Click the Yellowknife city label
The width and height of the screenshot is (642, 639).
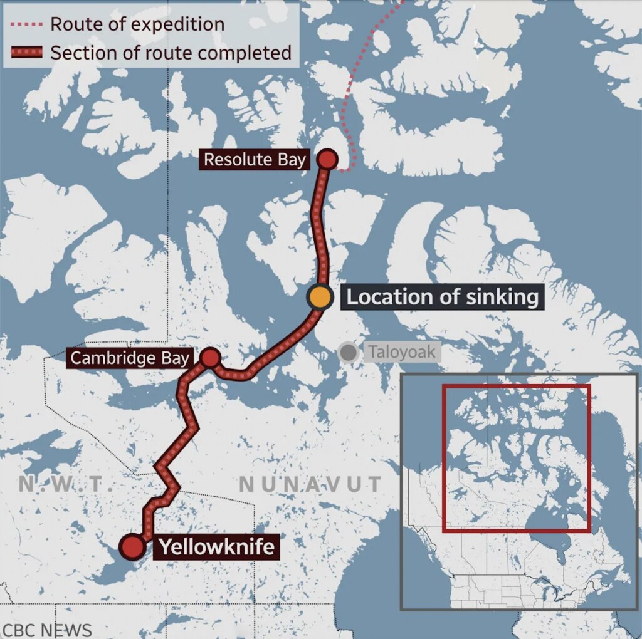[x=216, y=547]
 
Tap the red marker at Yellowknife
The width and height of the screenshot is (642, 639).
[x=132, y=547]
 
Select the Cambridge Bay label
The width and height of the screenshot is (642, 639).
[x=129, y=358]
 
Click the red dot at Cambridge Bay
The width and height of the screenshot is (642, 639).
[x=211, y=358]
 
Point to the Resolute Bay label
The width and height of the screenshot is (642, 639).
[x=255, y=159]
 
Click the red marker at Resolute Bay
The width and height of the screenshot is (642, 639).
[x=327, y=159]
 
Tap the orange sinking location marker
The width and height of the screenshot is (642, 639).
[x=319, y=297]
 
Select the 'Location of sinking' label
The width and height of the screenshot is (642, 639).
[x=442, y=297]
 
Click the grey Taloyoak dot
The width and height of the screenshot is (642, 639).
[x=347, y=352]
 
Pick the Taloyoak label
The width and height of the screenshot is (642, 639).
[x=401, y=352]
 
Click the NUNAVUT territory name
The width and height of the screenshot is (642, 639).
[x=310, y=484]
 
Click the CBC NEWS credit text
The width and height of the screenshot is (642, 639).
[x=47, y=630]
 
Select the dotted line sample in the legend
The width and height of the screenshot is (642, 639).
[x=26, y=25]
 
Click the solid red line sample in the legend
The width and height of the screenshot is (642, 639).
[x=26, y=53]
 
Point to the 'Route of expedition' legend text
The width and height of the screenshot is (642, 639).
[x=137, y=24]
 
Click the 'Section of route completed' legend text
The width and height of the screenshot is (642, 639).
[x=171, y=53]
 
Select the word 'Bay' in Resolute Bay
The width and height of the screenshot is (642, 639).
[x=292, y=159]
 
